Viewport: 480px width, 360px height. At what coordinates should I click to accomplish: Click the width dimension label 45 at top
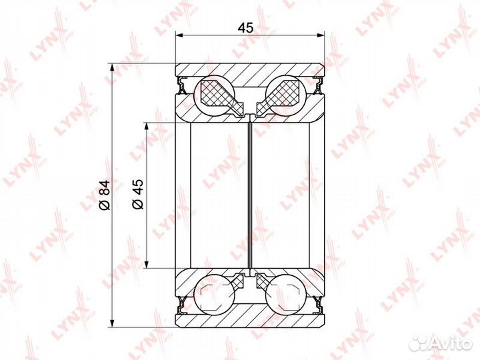pos(246,28)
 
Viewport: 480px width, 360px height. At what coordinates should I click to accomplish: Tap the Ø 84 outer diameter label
pos(104,195)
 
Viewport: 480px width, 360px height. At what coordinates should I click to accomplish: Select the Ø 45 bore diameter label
pos(137,194)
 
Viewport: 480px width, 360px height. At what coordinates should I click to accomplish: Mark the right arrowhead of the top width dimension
pos(320,35)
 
